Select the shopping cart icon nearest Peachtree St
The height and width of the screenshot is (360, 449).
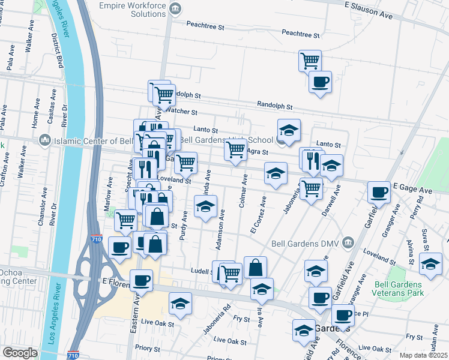click(310, 60)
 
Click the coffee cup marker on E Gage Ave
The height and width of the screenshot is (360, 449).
click(379, 192)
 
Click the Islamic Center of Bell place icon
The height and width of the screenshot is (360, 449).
click(44, 140)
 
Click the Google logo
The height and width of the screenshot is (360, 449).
click(20, 352)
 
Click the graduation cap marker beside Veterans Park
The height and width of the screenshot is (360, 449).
click(430, 263)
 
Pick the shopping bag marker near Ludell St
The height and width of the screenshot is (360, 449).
click(255, 267)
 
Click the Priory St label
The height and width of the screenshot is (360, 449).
click(148, 347)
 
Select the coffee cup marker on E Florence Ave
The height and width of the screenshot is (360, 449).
click(142, 280)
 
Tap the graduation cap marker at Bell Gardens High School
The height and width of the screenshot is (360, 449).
click(289, 130)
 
